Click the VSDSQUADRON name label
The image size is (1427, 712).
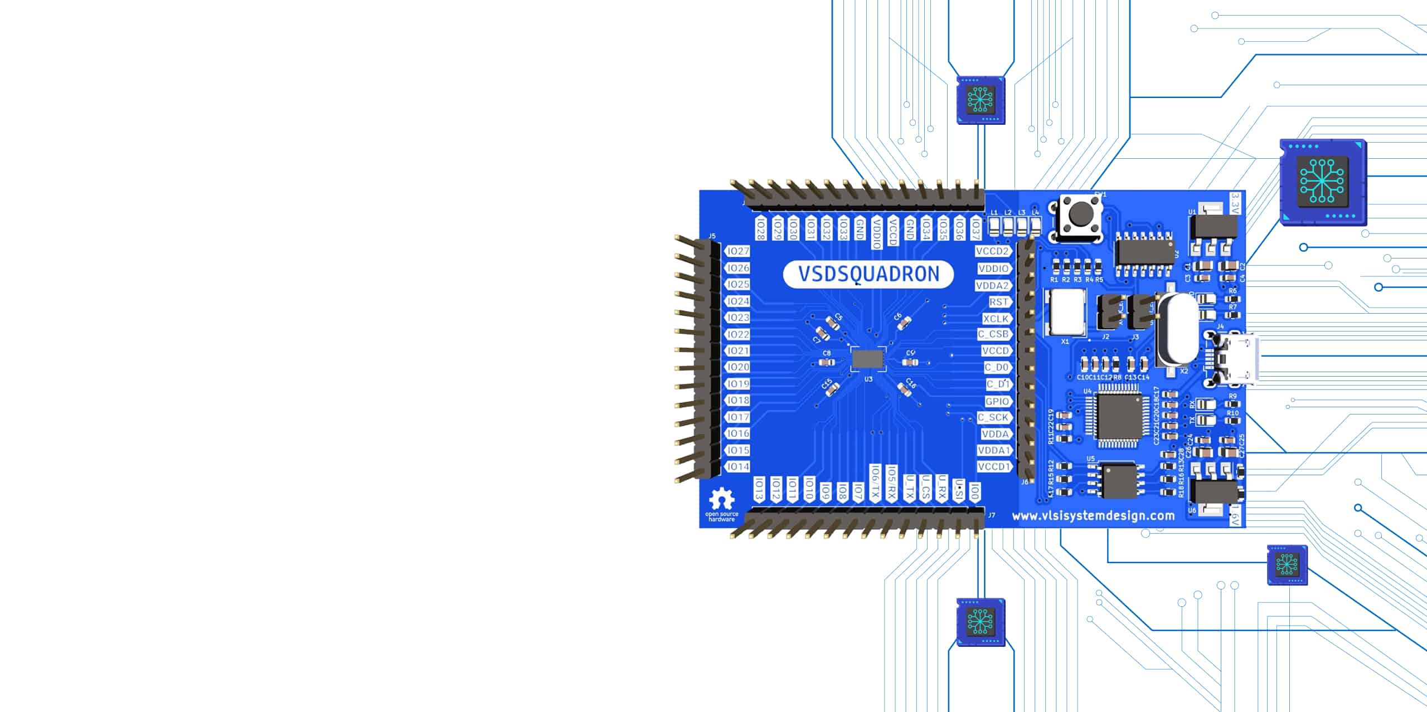(868, 274)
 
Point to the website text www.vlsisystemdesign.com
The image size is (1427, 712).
(1093, 516)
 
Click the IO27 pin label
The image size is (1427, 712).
(737, 251)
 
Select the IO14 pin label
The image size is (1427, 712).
(737, 466)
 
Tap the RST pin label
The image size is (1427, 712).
(998, 301)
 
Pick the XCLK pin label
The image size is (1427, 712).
(996, 319)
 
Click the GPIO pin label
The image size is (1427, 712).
(997, 401)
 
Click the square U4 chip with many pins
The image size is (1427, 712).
(1117, 416)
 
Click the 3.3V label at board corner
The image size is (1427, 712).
(1235, 203)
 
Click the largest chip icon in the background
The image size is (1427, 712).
(1322, 182)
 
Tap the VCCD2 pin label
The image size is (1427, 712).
(993, 251)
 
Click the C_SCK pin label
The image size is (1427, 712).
(993, 417)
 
